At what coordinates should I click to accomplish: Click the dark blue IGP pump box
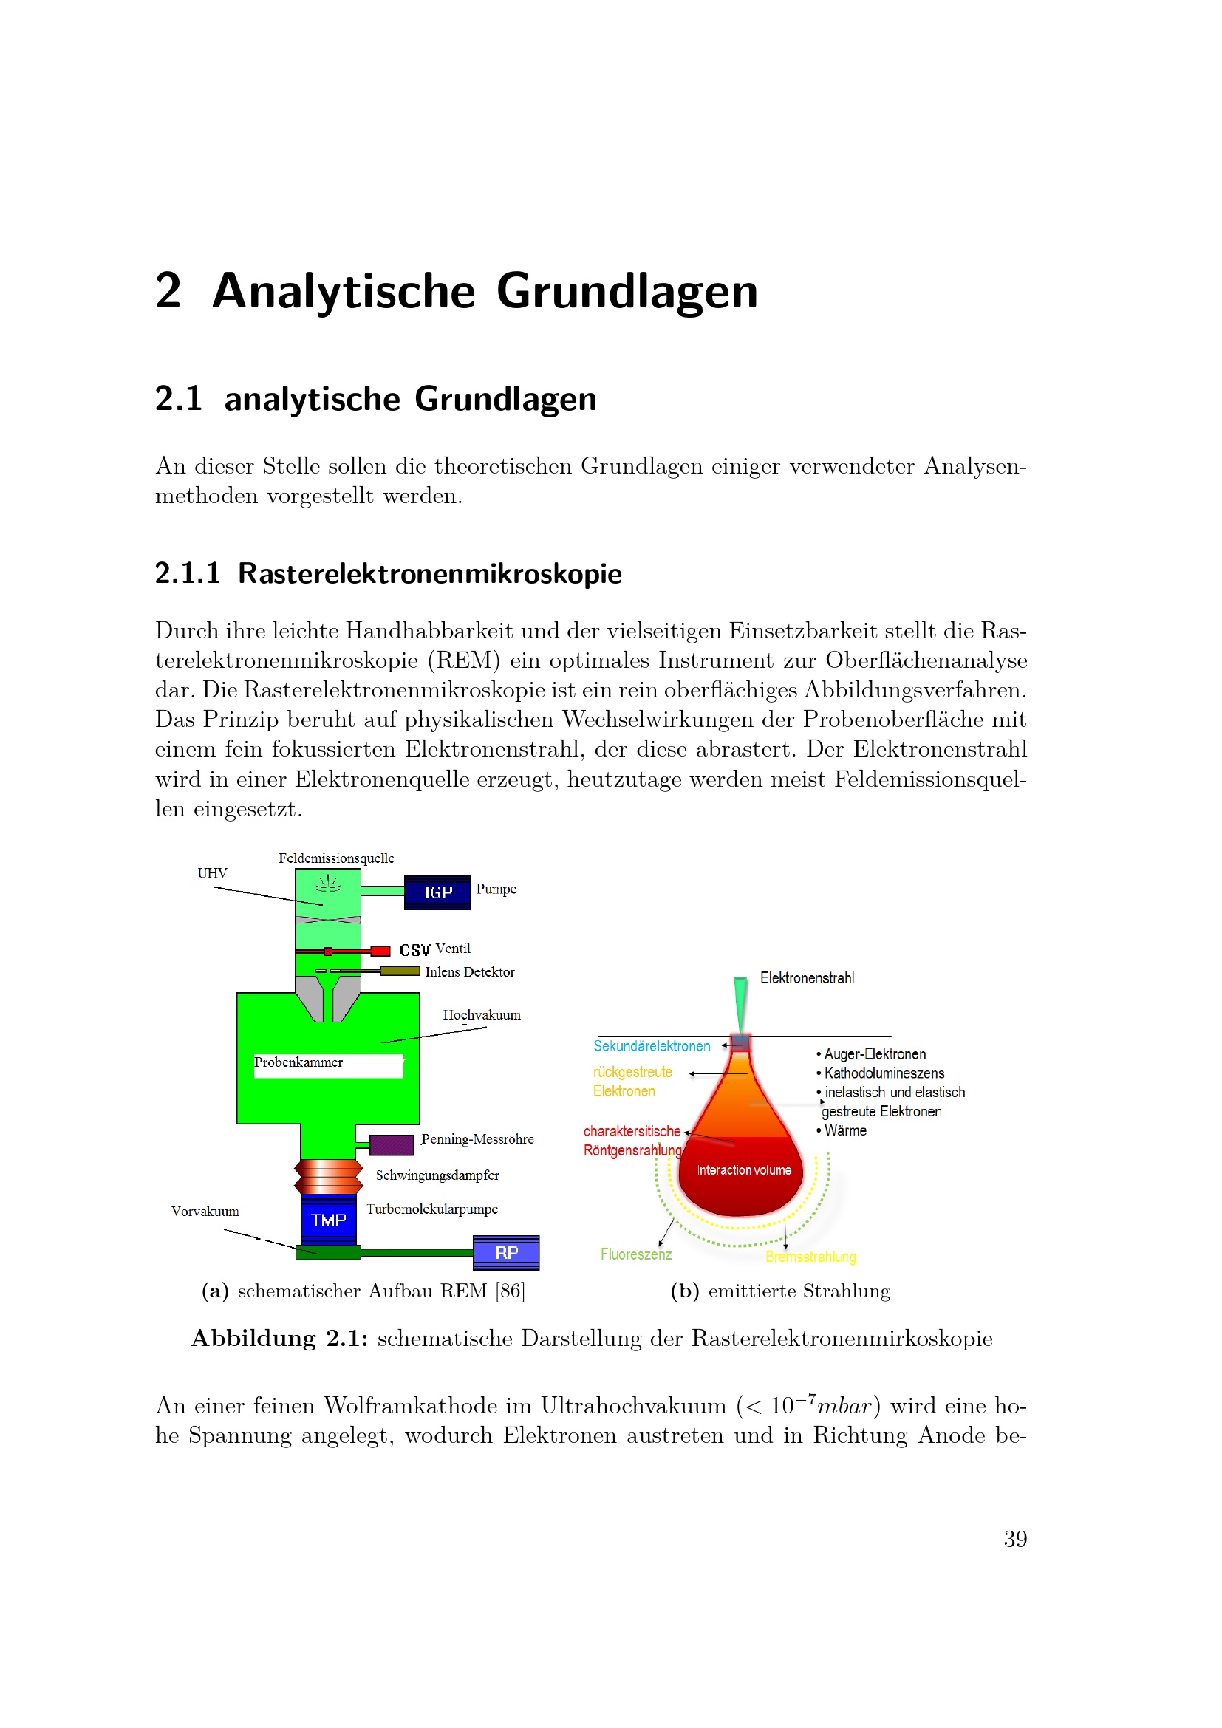click(437, 892)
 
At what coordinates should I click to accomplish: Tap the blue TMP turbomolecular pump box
click(328, 1220)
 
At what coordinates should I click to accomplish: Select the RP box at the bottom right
click(505, 1252)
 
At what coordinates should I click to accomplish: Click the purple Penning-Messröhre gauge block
click(392, 1144)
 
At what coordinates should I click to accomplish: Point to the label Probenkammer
click(298, 1062)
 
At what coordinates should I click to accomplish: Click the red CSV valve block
click(380, 951)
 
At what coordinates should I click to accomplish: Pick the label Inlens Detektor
click(470, 972)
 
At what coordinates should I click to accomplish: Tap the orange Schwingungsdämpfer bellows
click(328, 1176)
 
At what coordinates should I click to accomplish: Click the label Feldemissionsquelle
click(335, 858)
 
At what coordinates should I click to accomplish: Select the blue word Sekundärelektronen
click(652, 1046)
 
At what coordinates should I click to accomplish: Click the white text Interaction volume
click(743, 1170)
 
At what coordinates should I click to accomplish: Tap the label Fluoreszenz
click(636, 1254)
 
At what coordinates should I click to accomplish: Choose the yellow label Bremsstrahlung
click(810, 1257)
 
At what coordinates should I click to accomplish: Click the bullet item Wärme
click(844, 1130)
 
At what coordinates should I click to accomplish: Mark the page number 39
click(1015, 1539)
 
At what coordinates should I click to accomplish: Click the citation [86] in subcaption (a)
click(511, 1291)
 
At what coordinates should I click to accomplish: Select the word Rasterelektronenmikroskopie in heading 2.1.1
click(430, 573)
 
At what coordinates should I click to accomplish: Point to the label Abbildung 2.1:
click(279, 1338)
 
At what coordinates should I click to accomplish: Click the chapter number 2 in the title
click(168, 290)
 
